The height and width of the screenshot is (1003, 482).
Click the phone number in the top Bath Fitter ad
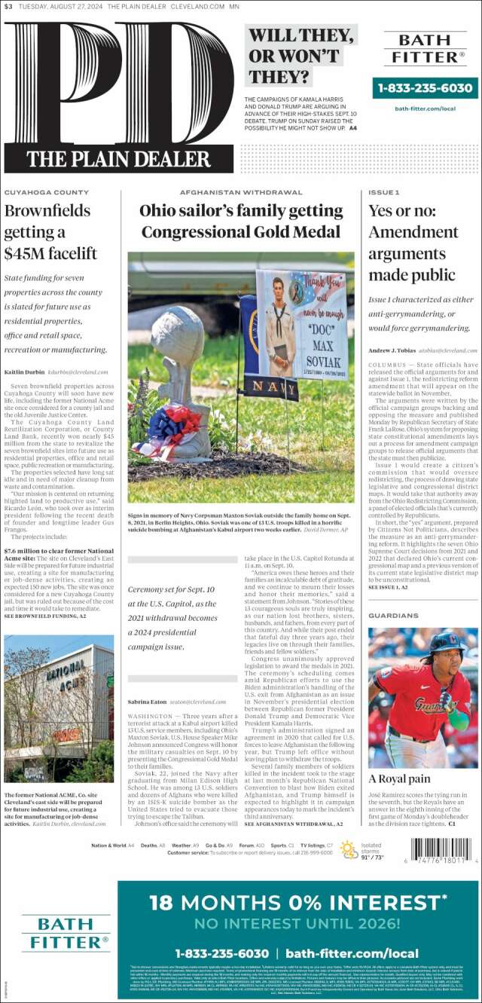426,88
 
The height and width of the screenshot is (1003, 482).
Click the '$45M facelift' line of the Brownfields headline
51,252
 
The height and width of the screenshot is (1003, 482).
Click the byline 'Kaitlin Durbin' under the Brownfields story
24,372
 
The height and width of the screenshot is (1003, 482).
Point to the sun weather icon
349,849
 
